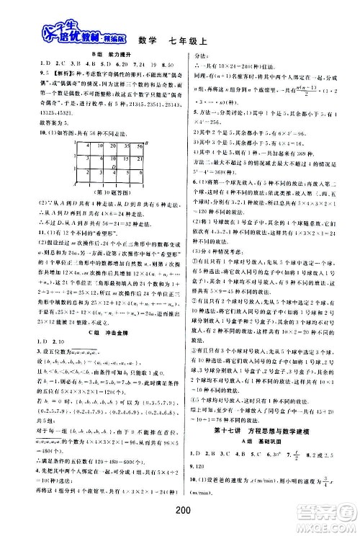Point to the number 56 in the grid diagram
(x=140, y=146)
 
